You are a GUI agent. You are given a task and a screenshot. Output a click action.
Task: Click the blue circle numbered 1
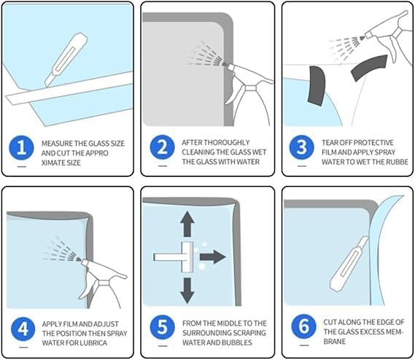(21, 148)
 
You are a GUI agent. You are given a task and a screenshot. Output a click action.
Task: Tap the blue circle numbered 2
(162, 147)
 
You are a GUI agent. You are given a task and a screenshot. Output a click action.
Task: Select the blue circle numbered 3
(302, 147)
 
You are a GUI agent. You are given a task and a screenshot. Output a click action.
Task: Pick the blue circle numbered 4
(23, 329)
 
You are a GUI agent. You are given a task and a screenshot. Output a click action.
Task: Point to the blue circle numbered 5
(162, 327)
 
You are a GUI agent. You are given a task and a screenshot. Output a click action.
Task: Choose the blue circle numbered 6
(304, 326)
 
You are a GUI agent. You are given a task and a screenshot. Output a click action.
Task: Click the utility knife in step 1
(66, 60)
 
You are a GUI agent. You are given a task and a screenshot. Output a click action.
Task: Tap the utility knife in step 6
(349, 264)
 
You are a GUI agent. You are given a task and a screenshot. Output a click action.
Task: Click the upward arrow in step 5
(187, 224)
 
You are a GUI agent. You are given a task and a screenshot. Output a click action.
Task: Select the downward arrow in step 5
(187, 291)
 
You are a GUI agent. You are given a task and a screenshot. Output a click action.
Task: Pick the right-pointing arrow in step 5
(212, 257)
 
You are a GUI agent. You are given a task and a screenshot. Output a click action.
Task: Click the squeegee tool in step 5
(174, 257)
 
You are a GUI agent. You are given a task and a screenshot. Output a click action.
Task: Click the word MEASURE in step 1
(57, 144)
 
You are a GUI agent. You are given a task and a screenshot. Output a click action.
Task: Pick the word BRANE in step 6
(335, 342)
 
